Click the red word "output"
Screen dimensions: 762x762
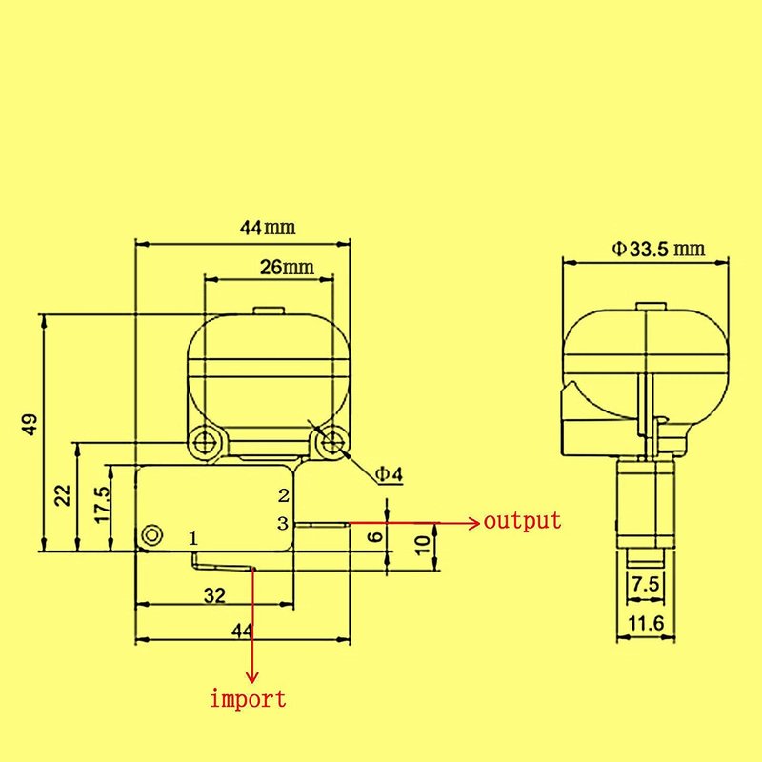pyautogui.click(x=522, y=521)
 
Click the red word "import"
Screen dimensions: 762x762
pyautogui.click(x=248, y=699)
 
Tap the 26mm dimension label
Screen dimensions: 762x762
pyautogui.click(x=287, y=268)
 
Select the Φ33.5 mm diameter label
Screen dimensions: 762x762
pyautogui.click(x=658, y=250)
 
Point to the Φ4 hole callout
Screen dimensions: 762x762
pyautogui.click(x=390, y=473)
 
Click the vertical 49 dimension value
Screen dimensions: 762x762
pyautogui.click(x=30, y=424)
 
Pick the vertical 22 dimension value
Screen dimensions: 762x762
pyautogui.click(x=63, y=496)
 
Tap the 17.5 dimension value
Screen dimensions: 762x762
pyautogui.click(x=103, y=506)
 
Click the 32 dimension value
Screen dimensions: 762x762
pyautogui.click(x=214, y=595)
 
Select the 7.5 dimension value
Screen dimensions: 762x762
pyautogui.click(x=646, y=584)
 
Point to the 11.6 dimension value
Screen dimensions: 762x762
pyautogui.click(x=646, y=623)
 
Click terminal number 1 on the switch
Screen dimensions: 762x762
pyautogui.click(x=193, y=538)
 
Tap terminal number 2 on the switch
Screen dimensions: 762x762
pyautogui.click(x=284, y=495)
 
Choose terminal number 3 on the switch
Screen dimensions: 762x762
pyautogui.click(x=283, y=523)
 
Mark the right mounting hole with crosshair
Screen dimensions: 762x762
pyautogui.click(x=332, y=443)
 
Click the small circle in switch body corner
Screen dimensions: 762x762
pyautogui.click(x=152, y=535)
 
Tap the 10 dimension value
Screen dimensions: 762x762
pyautogui.click(x=423, y=545)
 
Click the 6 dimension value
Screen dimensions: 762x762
pyautogui.click(x=376, y=537)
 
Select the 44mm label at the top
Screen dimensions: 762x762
pyautogui.click(x=268, y=228)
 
